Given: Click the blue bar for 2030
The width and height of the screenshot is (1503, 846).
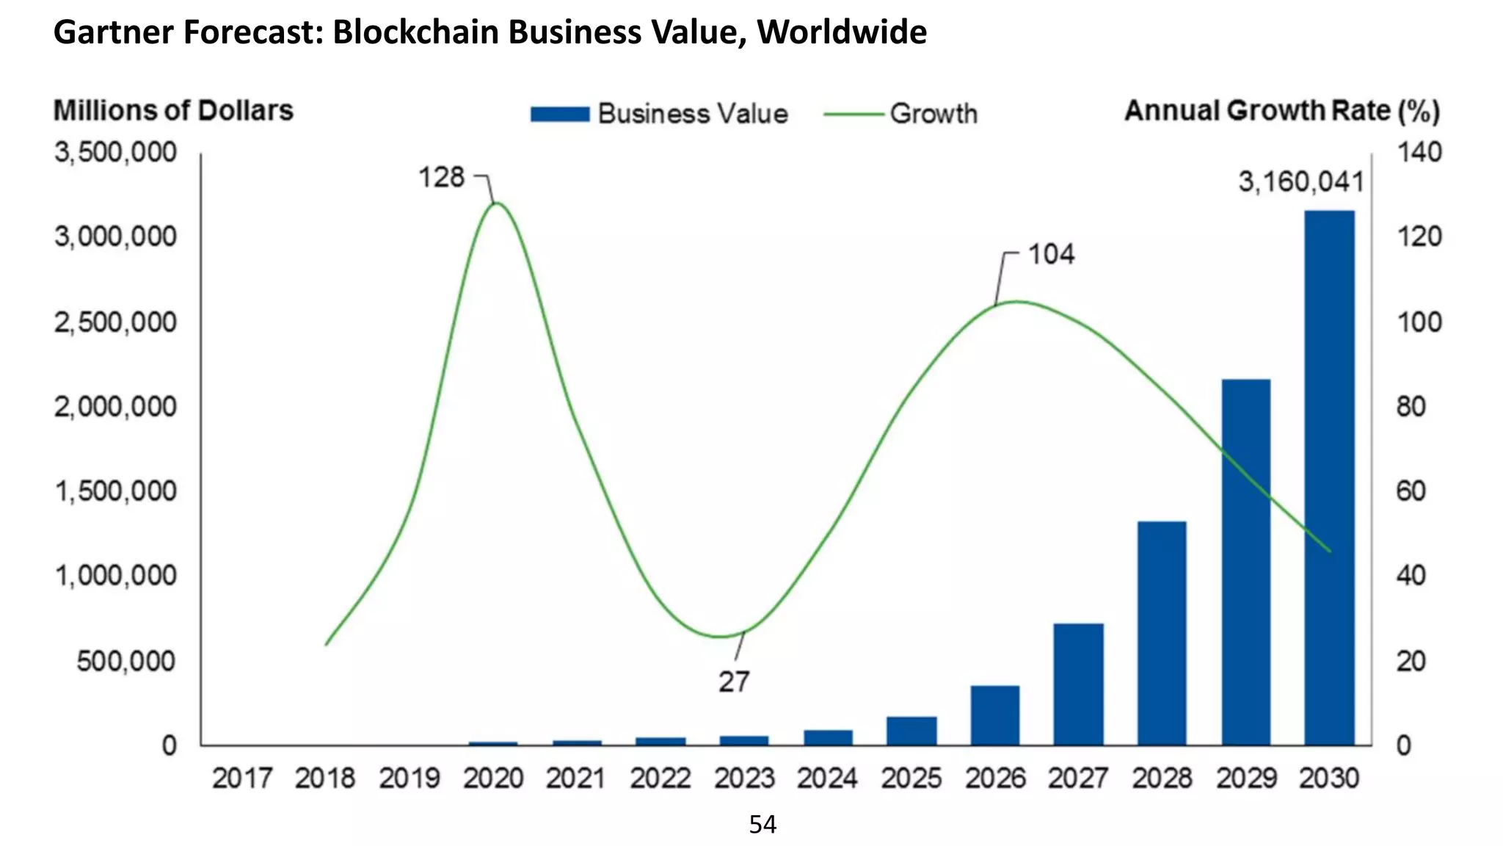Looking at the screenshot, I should (x=1329, y=477).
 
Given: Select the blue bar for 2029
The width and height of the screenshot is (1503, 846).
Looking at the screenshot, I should (x=1245, y=562).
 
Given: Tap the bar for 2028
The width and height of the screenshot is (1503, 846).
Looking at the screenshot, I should (x=1162, y=633).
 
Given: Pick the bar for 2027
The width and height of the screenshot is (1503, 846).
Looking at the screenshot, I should (x=1078, y=684).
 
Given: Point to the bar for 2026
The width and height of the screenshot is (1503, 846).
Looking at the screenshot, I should (x=994, y=715).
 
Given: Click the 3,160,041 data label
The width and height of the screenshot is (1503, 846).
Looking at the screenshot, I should (x=1300, y=181).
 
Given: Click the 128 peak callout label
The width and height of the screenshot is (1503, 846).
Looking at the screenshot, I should (x=441, y=177).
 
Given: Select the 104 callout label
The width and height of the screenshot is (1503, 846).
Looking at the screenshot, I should (x=1051, y=254).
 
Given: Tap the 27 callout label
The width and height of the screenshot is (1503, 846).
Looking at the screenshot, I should (x=733, y=681).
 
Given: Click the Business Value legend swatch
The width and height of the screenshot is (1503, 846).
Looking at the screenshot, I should (x=560, y=114).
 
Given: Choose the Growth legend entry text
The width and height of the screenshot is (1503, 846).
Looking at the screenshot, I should (x=934, y=114).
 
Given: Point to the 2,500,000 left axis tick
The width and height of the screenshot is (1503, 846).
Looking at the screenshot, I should (x=115, y=322).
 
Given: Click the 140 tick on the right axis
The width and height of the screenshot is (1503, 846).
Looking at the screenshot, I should (x=1419, y=152).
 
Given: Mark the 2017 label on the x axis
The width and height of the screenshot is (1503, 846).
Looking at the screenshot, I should (x=242, y=778).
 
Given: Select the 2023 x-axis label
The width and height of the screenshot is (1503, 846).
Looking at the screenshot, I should (x=744, y=778).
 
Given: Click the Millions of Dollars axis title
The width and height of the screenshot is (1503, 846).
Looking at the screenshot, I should (x=173, y=110).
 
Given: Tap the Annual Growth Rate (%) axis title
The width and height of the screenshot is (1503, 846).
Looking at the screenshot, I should (x=1282, y=110).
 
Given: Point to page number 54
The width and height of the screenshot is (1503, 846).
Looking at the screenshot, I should (x=763, y=825).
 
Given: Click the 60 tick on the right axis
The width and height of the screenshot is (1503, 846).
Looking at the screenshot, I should (x=1411, y=491).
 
